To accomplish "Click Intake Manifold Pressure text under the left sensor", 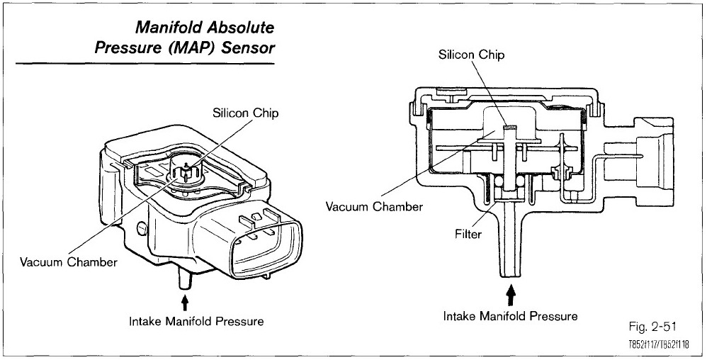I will [196, 321].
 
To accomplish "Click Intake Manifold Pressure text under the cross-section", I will [510, 315].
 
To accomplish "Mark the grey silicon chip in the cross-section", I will [509, 127].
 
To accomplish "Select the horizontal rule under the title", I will [145, 64].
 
